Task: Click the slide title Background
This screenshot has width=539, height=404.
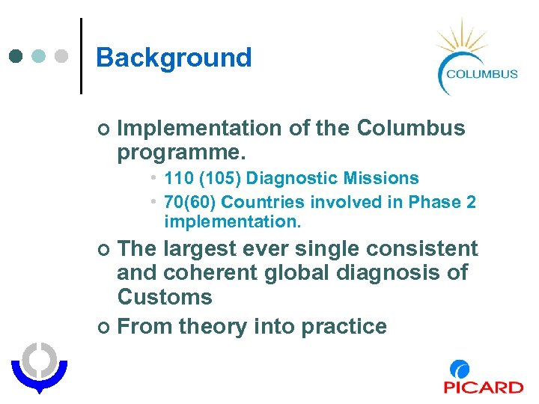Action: (174, 58)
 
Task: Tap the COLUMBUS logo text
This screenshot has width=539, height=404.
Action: (481, 73)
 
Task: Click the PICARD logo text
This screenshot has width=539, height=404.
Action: (483, 387)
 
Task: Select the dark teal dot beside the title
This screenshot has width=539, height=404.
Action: (17, 56)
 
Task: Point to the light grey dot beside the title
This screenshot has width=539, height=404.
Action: (61, 56)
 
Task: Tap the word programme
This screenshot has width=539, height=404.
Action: (180, 153)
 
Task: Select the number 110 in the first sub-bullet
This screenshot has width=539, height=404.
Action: (178, 178)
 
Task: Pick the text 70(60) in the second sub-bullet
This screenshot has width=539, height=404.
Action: (190, 202)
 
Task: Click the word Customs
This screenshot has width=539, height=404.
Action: (165, 297)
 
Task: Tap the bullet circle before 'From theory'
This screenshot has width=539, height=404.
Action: (104, 327)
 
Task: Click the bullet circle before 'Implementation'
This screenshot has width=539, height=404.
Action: (104, 129)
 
